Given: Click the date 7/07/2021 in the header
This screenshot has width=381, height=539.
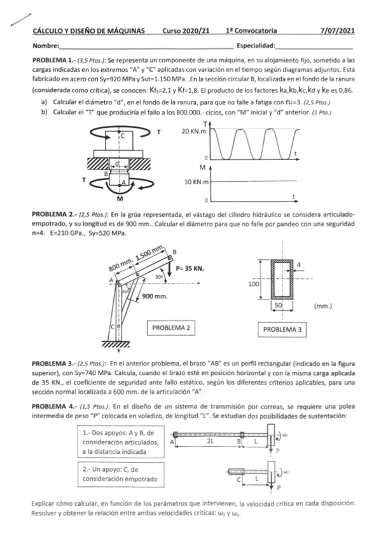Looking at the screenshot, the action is coord(337,31).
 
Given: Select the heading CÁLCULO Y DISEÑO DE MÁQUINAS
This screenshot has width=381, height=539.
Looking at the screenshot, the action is coord(88,31).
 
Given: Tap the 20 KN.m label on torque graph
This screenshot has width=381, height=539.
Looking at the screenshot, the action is coord(194,132).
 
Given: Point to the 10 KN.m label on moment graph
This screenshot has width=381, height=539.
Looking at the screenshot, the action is coord(197,182).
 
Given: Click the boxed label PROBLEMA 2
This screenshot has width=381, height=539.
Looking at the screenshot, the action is coord(171,328).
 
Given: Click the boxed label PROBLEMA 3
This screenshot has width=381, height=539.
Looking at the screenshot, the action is coord(282,329).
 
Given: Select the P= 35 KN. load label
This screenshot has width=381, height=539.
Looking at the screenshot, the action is coord(190,268).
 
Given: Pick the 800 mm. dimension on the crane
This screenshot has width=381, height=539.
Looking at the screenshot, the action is coord(121,266).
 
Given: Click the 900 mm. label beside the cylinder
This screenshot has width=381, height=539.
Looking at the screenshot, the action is coord(155,296).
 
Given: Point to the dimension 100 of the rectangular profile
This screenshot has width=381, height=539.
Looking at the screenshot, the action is coord(253,284).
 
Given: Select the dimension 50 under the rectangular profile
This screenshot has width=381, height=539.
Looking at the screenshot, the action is coord(279,306).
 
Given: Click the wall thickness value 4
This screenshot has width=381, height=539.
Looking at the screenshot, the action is coord(299,264).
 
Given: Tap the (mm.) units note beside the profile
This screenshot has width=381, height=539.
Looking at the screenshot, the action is coord(323,306).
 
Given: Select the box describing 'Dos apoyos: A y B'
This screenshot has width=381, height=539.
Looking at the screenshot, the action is coord(121,442).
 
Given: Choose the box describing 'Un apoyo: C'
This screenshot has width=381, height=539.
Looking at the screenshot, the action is coord(121,474).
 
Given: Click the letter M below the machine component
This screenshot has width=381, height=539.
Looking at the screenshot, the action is coord(120,198).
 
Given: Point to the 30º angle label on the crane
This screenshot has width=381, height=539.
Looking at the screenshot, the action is coord(159,276).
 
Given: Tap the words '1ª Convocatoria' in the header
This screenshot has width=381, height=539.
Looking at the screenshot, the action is coord(251,31).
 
